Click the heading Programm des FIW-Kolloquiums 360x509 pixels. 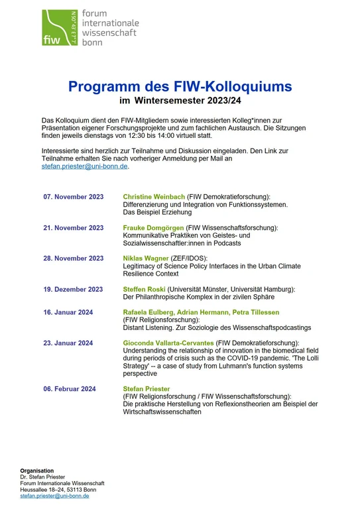[x=180, y=86]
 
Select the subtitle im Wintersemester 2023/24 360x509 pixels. [x=180, y=101]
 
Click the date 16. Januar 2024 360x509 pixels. [x=68, y=312]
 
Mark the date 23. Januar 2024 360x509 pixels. [x=68, y=343]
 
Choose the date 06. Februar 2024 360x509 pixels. [x=70, y=389]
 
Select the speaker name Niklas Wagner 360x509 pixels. [x=146, y=258]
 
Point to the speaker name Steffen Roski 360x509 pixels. [x=144, y=289]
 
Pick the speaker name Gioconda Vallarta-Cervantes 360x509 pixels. [x=168, y=343]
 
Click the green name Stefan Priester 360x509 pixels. [x=147, y=389]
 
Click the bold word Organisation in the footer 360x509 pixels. [x=37, y=471]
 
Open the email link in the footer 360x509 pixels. [x=54, y=496]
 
